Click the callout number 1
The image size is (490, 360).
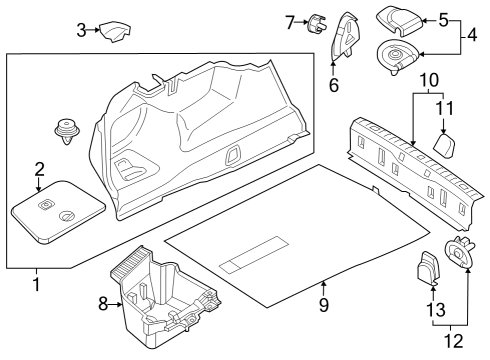click(x=37, y=284)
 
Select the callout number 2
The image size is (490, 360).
click(x=39, y=168)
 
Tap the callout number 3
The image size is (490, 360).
click(x=82, y=30)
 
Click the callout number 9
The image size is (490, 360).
click(x=322, y=304)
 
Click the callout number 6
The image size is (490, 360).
click(x=334, y=85)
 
